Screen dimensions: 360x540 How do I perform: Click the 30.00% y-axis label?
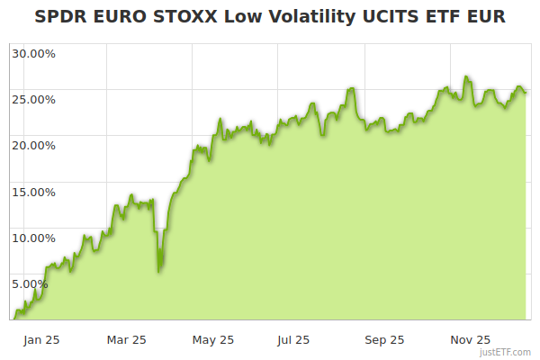33,53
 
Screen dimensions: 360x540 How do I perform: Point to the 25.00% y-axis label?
33,99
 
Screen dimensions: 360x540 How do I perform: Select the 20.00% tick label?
33,145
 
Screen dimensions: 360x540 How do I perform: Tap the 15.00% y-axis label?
33,192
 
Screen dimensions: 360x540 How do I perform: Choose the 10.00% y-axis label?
33,238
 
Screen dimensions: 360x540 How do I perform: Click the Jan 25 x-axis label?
41,340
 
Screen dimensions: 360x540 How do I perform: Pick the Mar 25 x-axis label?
126,340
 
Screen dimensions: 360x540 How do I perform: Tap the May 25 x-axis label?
213,340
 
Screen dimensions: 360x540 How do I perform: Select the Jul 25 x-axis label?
293,340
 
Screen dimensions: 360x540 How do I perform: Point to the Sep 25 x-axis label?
384,340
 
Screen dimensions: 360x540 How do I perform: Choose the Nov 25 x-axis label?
470,340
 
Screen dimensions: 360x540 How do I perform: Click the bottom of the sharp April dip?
159,271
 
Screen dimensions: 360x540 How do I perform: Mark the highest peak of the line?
465,77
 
